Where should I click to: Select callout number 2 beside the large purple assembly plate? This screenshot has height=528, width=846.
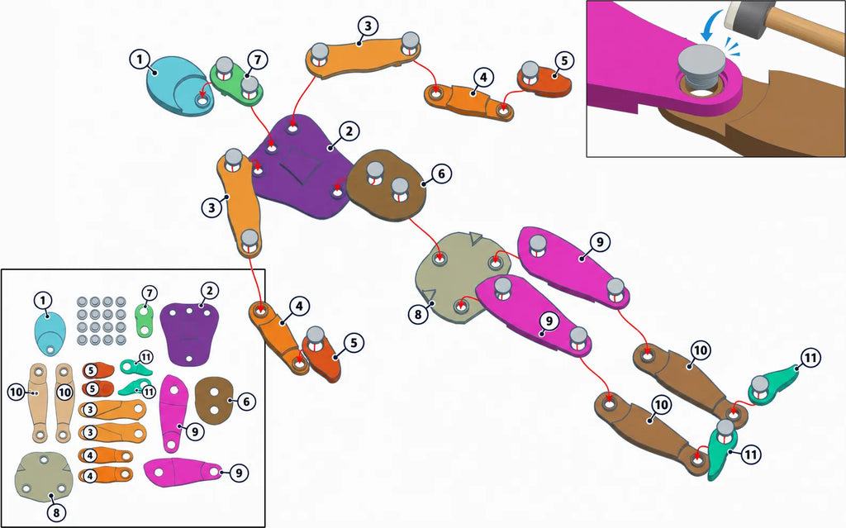pos(349,131)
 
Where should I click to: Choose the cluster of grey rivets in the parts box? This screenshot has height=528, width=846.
pos(101,320)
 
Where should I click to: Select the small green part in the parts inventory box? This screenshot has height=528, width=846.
pos(145,320)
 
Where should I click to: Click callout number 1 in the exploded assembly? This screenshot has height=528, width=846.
pos(140,59)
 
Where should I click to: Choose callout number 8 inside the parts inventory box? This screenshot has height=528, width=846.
pos(56,511)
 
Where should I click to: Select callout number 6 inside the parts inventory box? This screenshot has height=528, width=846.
pos(246,401)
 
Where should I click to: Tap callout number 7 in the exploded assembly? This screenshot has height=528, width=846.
pos(258,59)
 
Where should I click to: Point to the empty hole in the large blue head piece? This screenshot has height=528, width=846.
pos(203,100)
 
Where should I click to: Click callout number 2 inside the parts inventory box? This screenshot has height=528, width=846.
pos(209,291)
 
